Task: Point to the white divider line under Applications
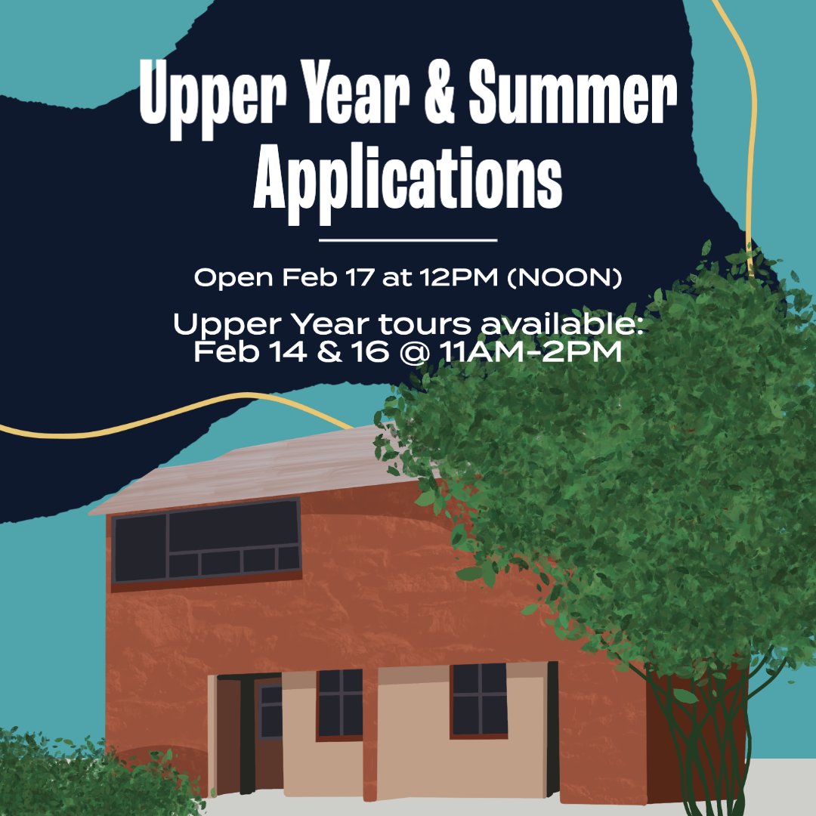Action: [408, 240]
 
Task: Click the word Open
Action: [234, 277]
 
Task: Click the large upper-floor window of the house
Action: [206, 540]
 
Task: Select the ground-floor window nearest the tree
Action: [480, 699]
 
